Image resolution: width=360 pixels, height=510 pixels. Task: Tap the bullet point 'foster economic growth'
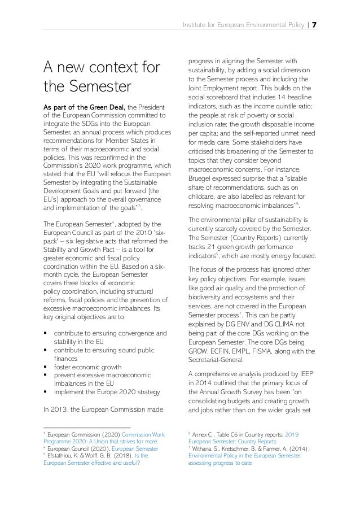[x=87, y=366]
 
